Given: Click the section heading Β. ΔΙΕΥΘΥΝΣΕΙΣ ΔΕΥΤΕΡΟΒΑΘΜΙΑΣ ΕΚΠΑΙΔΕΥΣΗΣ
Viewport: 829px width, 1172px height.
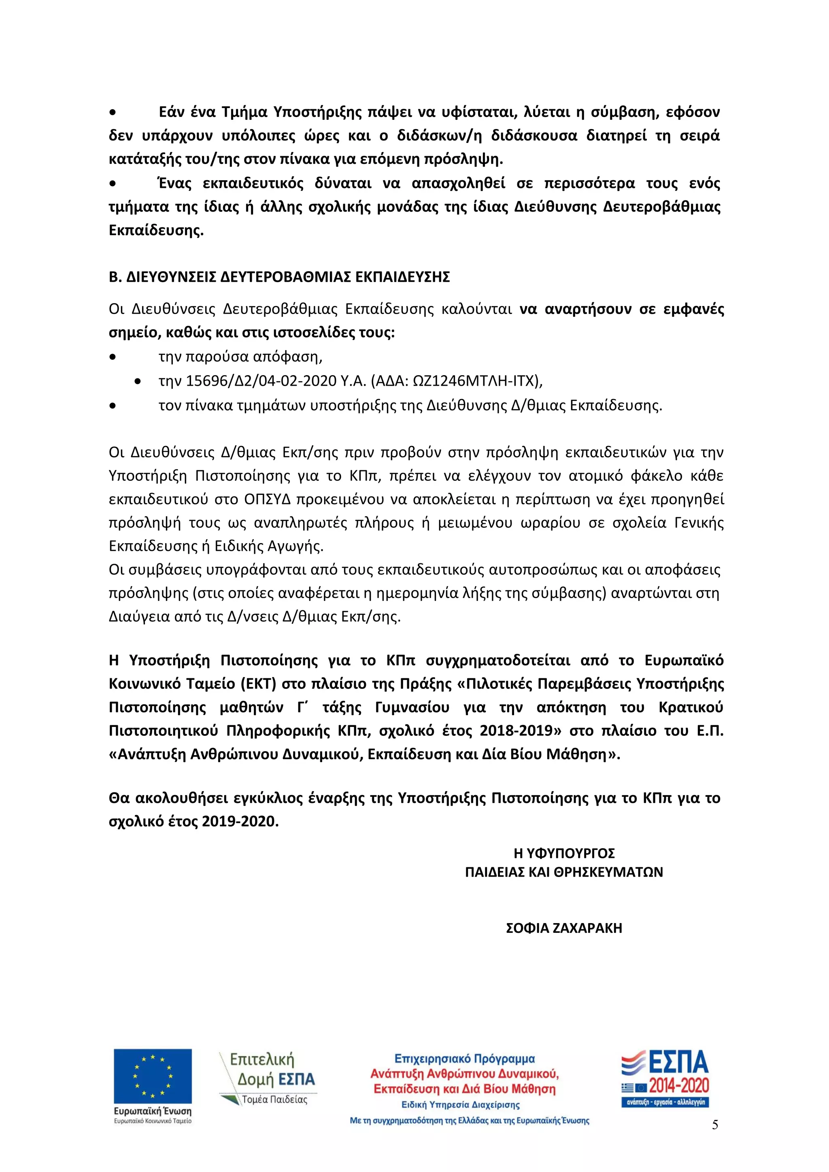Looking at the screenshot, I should click(279, 277).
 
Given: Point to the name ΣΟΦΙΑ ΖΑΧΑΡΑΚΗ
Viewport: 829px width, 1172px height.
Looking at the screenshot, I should click(563, 928).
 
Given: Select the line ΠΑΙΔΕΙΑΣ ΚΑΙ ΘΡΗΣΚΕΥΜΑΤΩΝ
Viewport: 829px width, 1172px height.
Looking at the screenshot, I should click(563, 872).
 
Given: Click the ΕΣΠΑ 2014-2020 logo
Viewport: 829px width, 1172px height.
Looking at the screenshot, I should click(665, 1078).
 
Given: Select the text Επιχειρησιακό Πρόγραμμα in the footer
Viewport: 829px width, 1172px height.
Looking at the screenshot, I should click(465, 1059).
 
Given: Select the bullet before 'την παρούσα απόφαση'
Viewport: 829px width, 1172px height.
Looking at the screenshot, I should click(113, 357).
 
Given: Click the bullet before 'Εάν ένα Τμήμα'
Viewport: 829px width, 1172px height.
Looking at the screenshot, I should click(113, 112).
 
